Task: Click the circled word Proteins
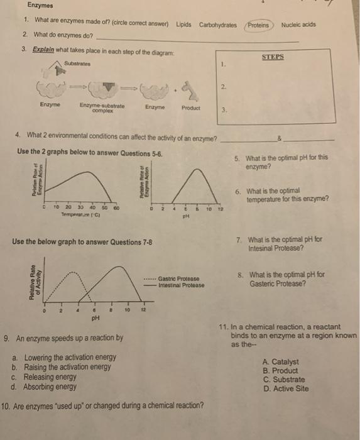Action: pyautogui.click(x=258, y=25)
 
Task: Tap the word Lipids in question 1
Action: pyautogui.click(x=184, y=25)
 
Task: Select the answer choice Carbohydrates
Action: pyautogui.click(x=218, y=25)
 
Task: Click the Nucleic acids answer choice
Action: pyautogui.click(x=298, y=25)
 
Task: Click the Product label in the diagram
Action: pyautogui.click(x=190, y=107)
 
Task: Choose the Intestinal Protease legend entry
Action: pyautogui.click(x=182, y=285)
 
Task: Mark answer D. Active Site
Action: pyautogui.click(x=286, y=388)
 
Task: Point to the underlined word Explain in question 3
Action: pyautogui.click(x=34, y=50)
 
